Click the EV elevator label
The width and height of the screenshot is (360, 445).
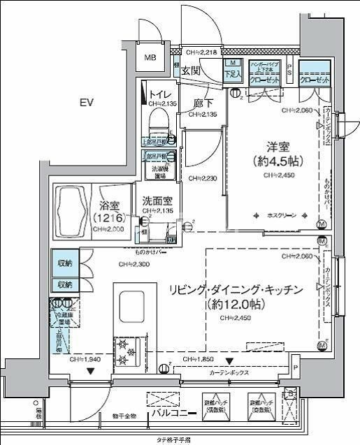click(86, 103)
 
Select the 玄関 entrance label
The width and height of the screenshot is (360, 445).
click(191, 71)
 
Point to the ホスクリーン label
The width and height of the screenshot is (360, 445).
click(281, 216)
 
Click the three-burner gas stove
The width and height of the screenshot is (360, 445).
click(127, 352)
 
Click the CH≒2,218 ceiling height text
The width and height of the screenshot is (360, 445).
click(203, 52)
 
